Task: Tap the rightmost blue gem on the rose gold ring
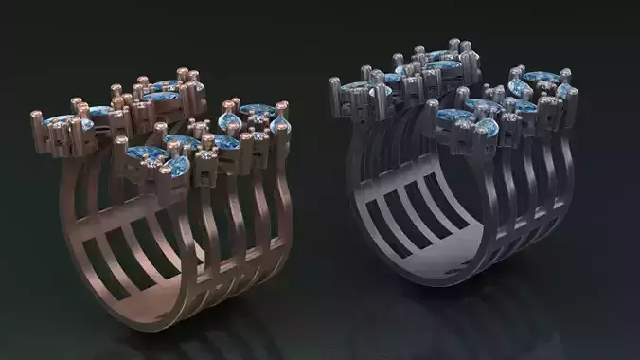coord(280,125)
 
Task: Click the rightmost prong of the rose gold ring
coord(283,110)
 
